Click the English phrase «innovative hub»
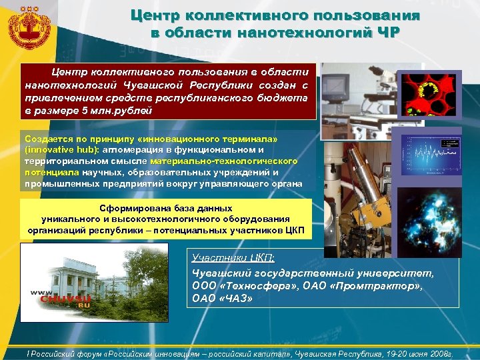click(59, 150)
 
